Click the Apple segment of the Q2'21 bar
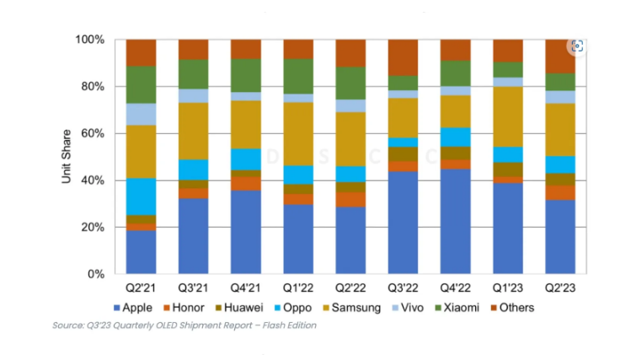pos(142,252)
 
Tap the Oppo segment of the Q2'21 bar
pos(142,196)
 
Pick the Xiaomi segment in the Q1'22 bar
pos(298,76)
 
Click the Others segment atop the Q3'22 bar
pos(404,57)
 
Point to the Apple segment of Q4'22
pos(456,221)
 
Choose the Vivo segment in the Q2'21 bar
pos(142,114)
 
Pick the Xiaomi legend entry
pos(469,308)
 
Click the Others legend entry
pos(516,308)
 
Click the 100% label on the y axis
pos(89,40)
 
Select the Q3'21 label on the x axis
pos(194,288)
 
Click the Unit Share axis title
pos(67,157)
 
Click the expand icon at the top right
pos(577,46)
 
